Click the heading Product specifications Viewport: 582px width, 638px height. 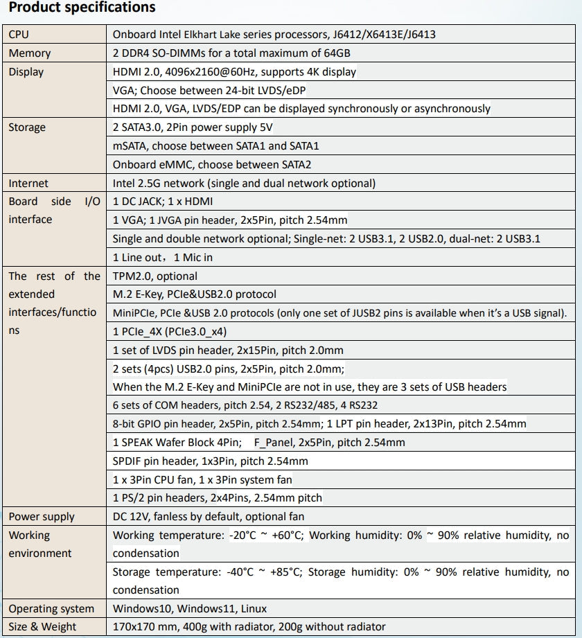(x=82, y=8)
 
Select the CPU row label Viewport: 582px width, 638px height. (x=19, y=35)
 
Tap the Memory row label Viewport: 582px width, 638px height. (x=29, y=53)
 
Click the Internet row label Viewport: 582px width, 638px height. (x=28, y=184)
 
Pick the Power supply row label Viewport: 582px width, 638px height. (x=42, y=517)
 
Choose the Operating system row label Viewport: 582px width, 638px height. (x=51, y=609)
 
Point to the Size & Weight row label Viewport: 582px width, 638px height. (x=42, y=627)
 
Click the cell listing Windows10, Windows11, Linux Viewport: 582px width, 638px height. (x=189, y=609)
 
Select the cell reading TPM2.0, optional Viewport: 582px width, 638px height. (x=155, y=276)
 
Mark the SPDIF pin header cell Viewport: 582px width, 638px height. (x=210, y=461)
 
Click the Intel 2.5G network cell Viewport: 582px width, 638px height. (x=244, y=184)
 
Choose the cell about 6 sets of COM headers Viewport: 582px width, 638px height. (x=245, y=405)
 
